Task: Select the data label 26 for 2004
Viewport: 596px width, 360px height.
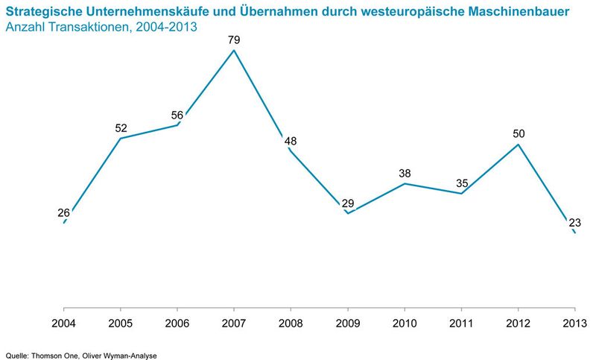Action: tap(63, 212)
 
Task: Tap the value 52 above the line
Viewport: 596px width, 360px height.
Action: tap(121, 128)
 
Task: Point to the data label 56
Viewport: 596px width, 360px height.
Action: tap(177, 115)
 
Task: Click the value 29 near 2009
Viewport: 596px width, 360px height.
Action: tap(347, 203)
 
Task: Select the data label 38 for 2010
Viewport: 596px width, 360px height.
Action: tap(404, 173)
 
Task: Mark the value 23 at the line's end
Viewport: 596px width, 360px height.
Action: tap(574, 222)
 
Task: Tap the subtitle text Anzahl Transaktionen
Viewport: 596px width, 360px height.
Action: tap(65, 28)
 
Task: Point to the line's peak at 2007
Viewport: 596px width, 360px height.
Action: tap(234, 51)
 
